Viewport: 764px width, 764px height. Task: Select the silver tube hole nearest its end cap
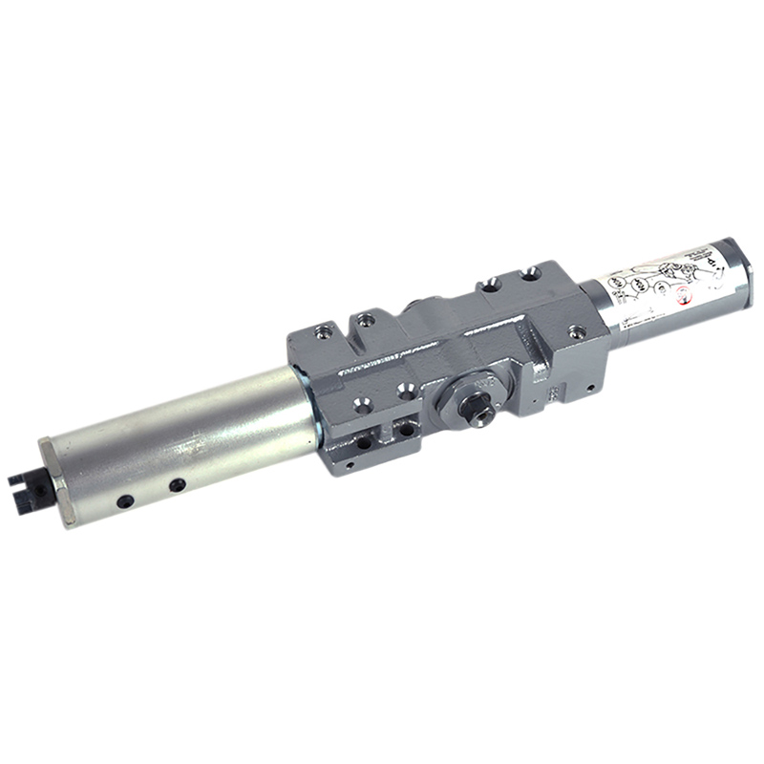(x=125, y=500)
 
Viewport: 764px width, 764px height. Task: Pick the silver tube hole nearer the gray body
(x=178, y=485)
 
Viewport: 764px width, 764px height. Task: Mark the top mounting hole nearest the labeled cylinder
(x=531, y=274)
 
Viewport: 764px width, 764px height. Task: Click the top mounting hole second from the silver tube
(x=365, y=317)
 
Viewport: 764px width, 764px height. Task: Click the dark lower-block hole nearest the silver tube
(x=364, y=441)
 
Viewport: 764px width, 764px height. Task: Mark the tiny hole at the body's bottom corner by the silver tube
(x=350, y=465)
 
